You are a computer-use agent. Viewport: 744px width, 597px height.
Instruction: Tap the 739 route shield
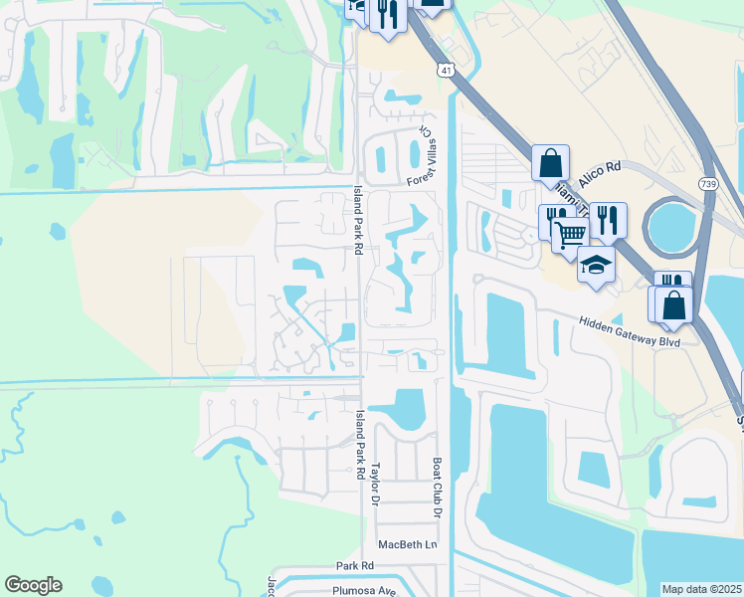(708, 184)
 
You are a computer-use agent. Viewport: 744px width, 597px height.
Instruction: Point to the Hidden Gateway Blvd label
(630, 330)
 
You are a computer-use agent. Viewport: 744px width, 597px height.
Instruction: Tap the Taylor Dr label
(377, 483)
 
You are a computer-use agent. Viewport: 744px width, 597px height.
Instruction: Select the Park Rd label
(353, 565)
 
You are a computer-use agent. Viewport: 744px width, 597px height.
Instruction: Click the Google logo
(33, 585)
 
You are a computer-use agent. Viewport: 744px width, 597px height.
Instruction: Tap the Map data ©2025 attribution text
(701, 589)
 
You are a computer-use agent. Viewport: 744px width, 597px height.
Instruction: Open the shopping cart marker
(570, 235)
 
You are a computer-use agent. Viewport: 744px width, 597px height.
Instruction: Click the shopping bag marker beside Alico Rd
(550, 161)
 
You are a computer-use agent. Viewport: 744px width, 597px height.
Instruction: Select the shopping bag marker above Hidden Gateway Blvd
(673, 305)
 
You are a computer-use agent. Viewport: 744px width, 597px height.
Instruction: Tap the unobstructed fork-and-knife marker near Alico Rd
(609, 219)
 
